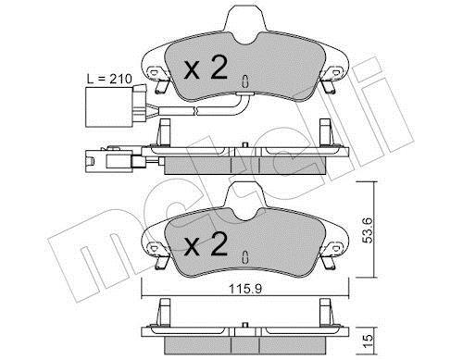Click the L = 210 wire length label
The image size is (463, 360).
tap(109, 80)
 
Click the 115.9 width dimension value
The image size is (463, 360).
tap(245, 289)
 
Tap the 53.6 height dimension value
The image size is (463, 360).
tap(368, 230)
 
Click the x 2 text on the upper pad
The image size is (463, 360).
tap(206, 68)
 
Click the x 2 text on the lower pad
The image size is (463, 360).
tap(206, 244)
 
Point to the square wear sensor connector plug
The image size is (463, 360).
tap(108, 106)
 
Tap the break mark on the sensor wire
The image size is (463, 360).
tap(194, 111)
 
